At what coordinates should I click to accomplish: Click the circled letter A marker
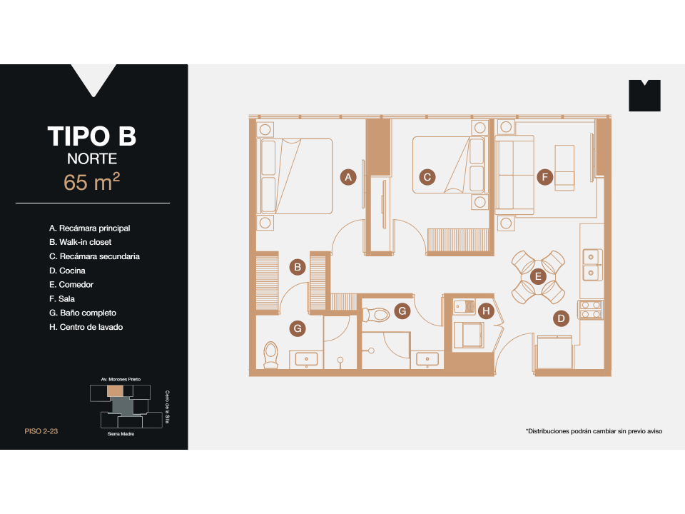[347, 177]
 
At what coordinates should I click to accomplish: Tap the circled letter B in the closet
[298, 267]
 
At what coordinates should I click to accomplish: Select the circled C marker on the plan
[427, 177]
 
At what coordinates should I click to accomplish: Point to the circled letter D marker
[562, 318]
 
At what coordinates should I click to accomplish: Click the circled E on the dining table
[539, 276]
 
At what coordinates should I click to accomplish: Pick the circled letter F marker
[544, 177]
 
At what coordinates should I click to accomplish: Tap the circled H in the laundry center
[486, 311]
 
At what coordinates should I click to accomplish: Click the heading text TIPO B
[92, 136]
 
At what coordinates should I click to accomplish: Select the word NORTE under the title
[92, 159]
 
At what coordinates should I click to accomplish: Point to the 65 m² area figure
[92, 182]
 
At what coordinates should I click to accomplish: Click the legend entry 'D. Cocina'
[67, 271]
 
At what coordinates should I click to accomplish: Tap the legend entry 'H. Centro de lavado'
[91, 327]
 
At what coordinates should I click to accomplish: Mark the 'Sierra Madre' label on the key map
[121, 433]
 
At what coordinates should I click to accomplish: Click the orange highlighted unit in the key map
[115, 391]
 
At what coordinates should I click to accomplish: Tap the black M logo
[644, 96]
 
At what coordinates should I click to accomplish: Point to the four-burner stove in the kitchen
[591, 309]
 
